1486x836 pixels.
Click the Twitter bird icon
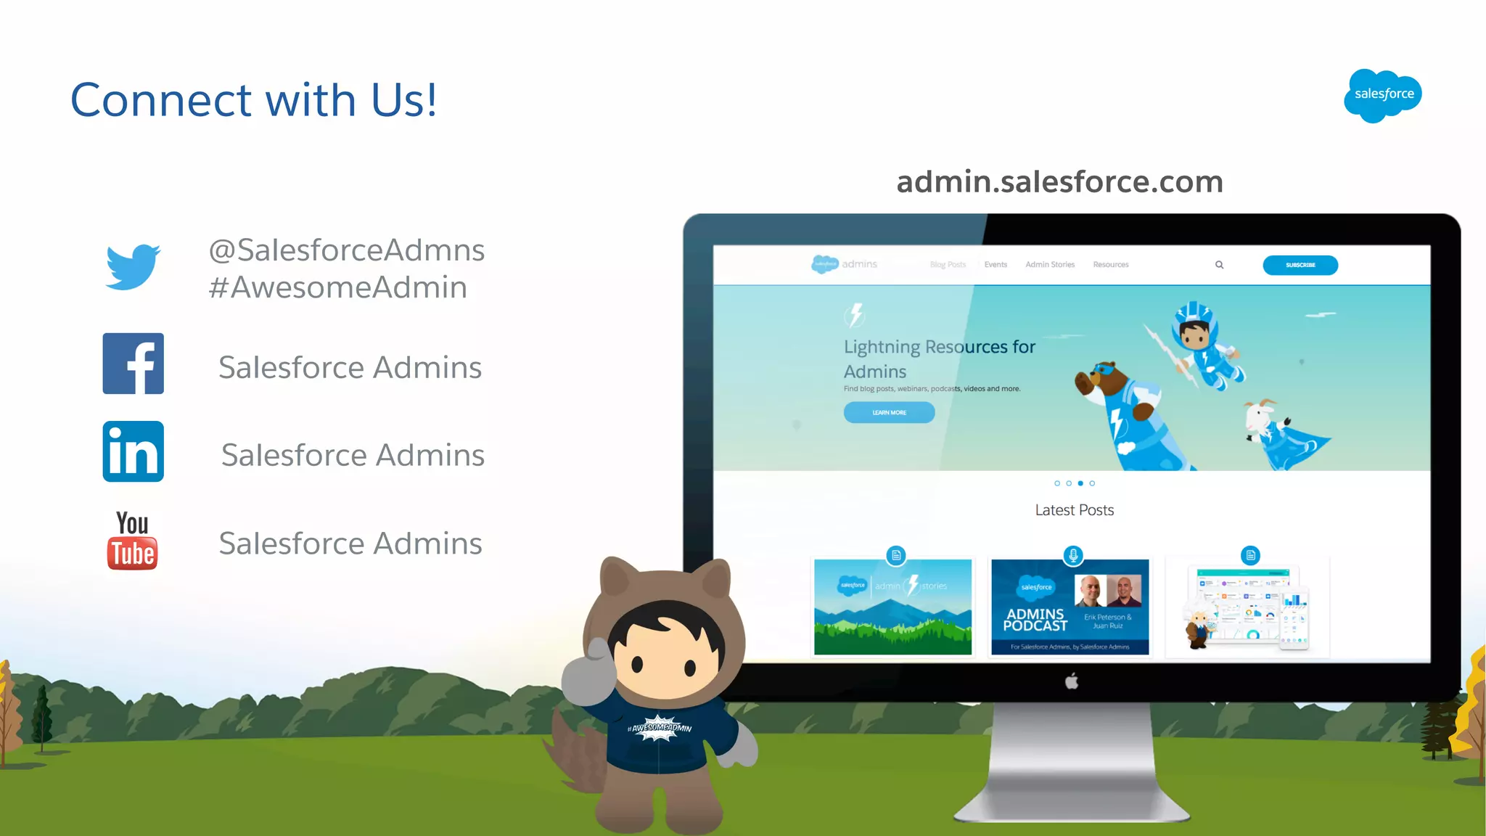click(133, 267)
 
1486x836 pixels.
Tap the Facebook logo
click(134, 364)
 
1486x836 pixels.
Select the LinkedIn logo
click(134, 451)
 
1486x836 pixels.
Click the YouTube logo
click(132, 541)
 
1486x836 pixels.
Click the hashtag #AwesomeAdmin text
click(338, 287)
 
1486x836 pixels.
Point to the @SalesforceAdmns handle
click(347, 250)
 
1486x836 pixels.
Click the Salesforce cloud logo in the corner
click(1383, 95)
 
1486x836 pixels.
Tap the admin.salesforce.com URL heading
click(1059, 181)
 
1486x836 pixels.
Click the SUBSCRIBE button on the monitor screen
click(1300, 265)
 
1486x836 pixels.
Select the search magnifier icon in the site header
click(1220, 265)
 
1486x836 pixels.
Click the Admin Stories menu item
click(1050, 265)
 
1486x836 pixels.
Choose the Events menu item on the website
click(996, 265)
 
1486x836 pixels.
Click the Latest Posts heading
click(1074, 510)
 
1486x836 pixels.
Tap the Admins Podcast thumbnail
click(1070, 607)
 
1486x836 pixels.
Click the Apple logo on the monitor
click(1072, 681)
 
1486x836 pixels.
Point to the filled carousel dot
click(1080, 483)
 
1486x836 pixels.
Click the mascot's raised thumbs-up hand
click(590, 671)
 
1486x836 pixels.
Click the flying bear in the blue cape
click(1132, 414)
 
